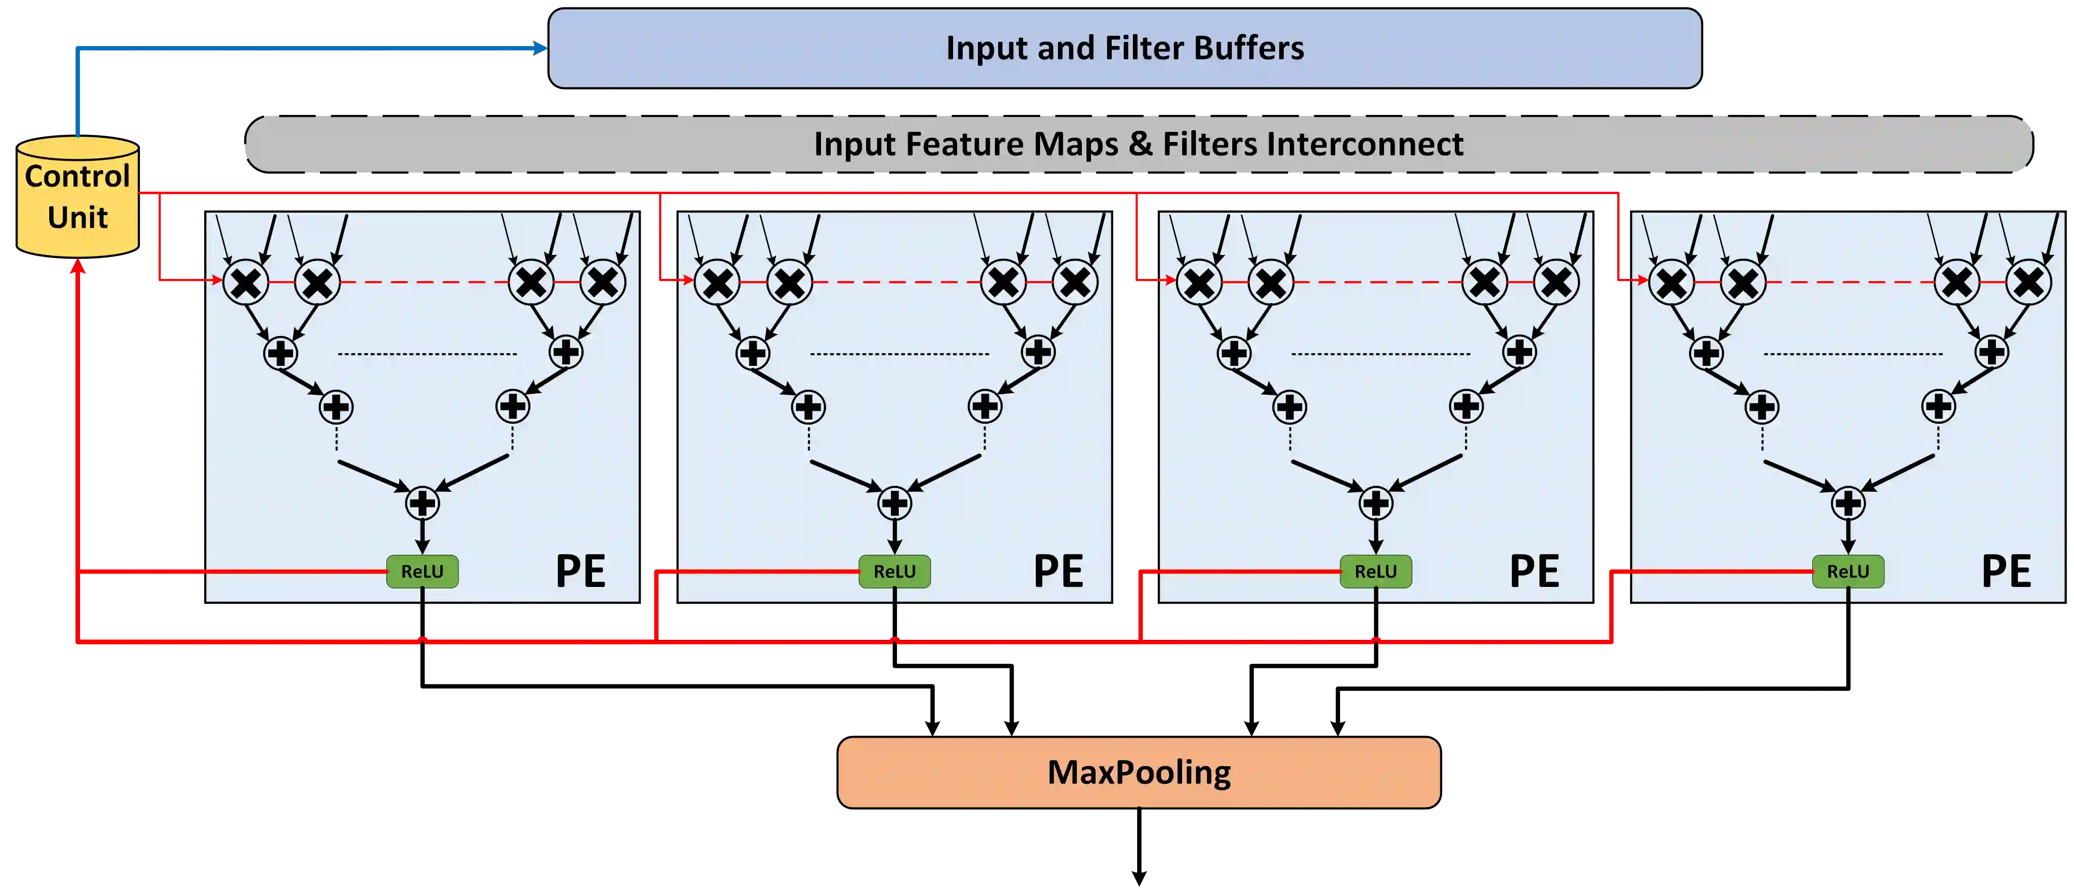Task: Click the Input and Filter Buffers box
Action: point(1125,48)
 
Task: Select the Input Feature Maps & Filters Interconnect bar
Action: point(1138,144)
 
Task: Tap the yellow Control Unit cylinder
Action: point(77,197)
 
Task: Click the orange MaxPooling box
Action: point(1138,773)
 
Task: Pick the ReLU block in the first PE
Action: point(422,571)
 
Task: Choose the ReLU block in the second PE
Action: point(895,571)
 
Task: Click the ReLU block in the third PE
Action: point(1375,571)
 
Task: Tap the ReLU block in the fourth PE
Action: point(1848,571)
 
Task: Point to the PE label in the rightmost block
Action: point(2005,571)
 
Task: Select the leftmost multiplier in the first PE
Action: point(246,282)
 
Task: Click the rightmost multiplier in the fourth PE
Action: point(2028,282)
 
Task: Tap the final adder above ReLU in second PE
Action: point(895,504)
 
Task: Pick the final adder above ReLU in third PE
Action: point(1375,504)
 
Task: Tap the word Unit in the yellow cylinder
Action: point(77,217)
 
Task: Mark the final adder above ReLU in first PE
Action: point(422,504)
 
